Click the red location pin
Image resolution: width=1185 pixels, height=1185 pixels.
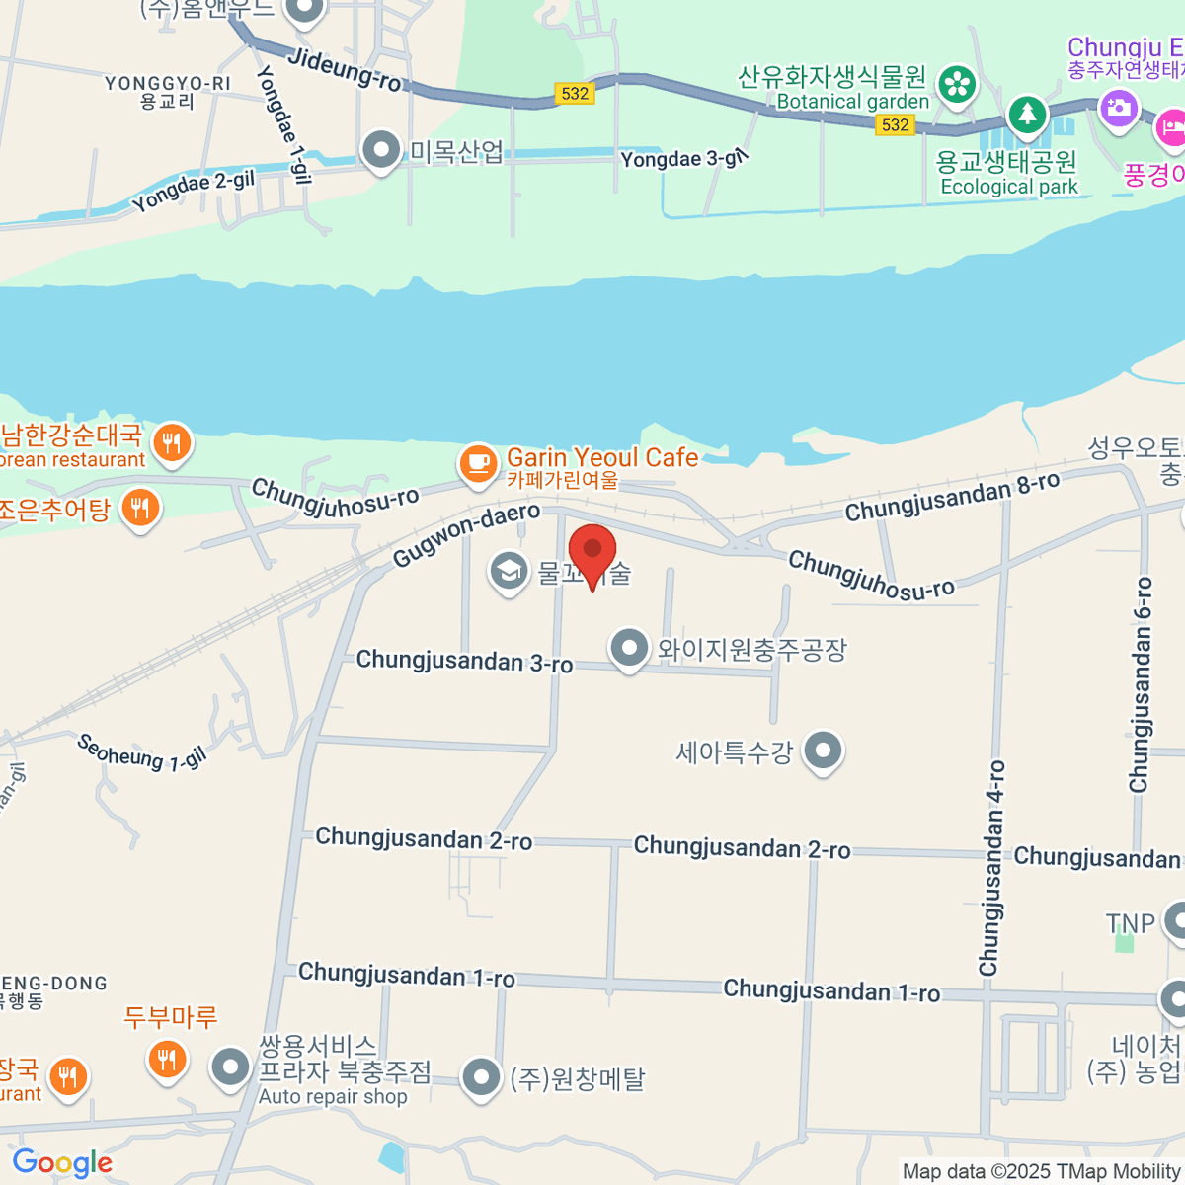(592, 553)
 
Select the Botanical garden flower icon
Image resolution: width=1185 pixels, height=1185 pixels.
(956, 85)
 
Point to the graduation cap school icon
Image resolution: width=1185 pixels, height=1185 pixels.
(510, 571)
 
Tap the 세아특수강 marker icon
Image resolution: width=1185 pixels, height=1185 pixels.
(823, 751)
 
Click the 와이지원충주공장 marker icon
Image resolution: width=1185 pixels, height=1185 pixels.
(629, 649)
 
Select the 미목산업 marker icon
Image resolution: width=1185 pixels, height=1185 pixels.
(380, 150)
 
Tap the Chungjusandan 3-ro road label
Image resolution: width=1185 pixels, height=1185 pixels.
(464, 661)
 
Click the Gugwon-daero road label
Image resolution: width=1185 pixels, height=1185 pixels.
(466, 534)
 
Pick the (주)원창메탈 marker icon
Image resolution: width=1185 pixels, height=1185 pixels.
(481, 1078)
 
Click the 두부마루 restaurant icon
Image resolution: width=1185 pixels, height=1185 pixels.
(166, 1060)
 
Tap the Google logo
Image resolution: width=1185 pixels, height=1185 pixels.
(62, 1163)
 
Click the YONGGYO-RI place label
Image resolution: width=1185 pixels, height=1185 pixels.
(167, 84)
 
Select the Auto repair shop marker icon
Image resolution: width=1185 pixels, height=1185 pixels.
(231, 1067)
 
